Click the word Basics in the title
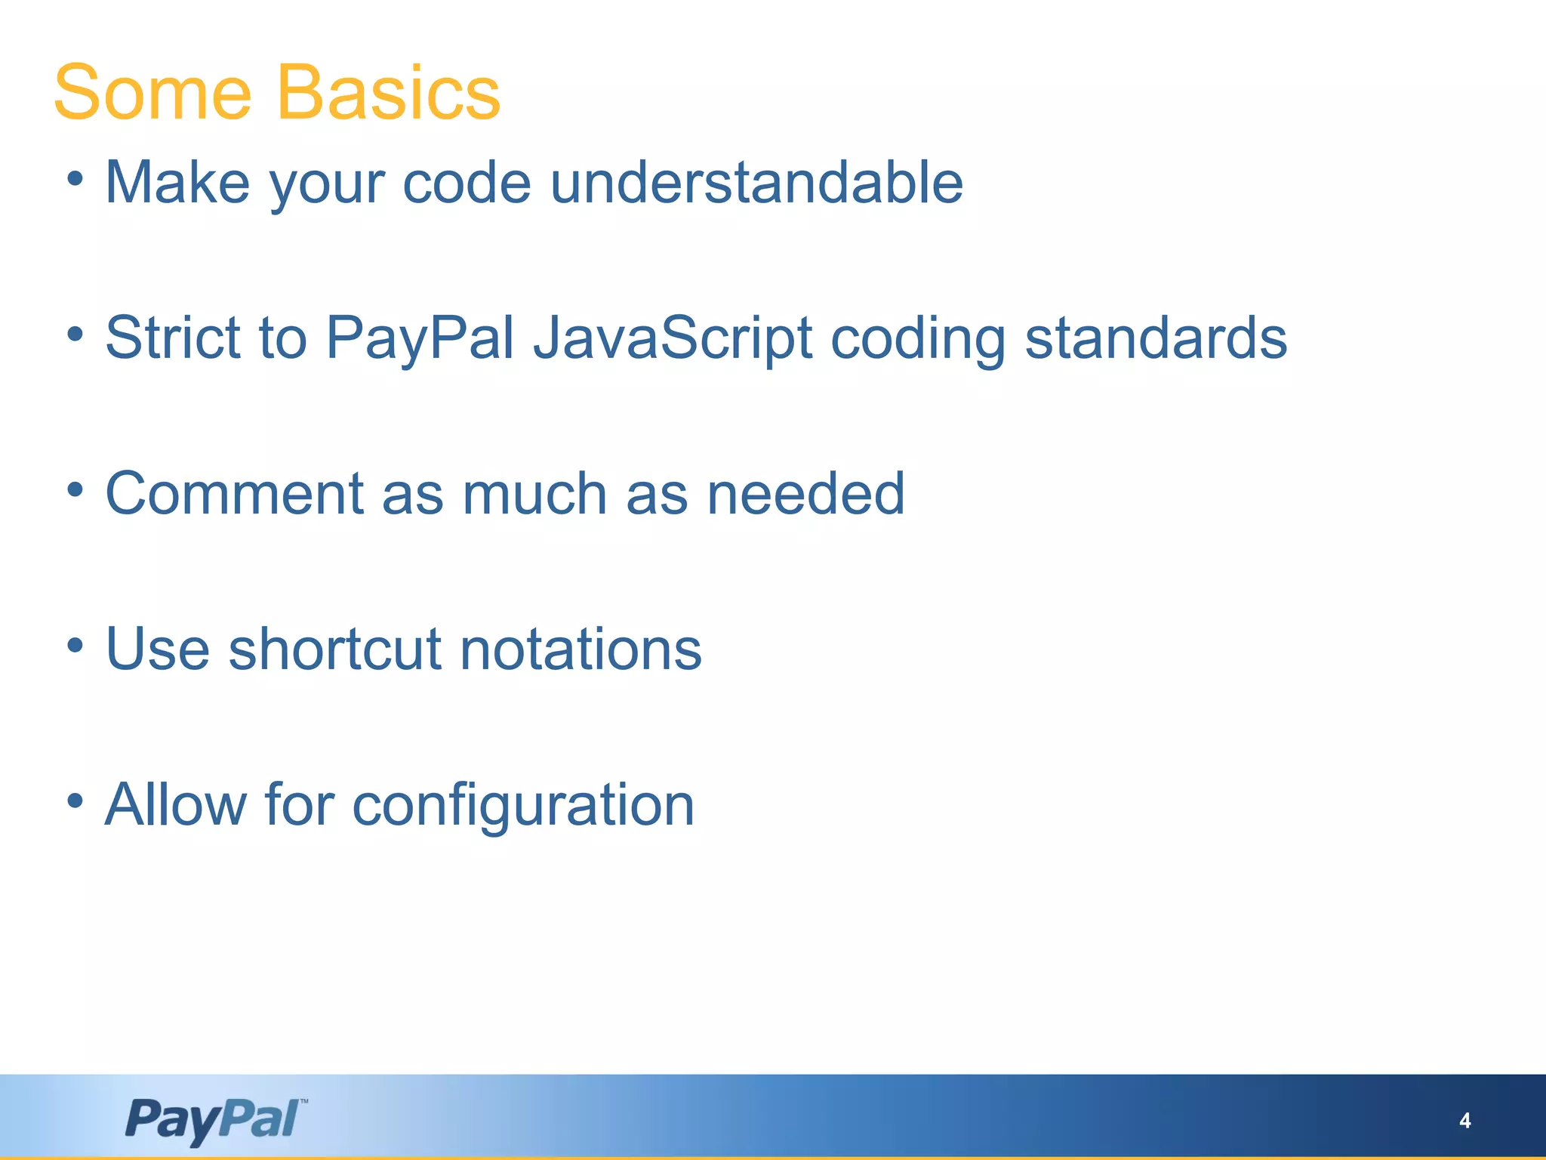click(x=389, y=93)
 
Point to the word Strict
click(x=173, y=338)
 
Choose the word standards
click(x=1156, y=338)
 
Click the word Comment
click(x=235, y=493)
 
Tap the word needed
click(x=805, y=493)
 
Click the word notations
click(x=581, y=649)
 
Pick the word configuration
click(x=523, y=805)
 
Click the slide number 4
click(x=1464, y=1121)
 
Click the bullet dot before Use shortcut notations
click(x=74, y=645)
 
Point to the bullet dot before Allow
click(x=74, y=801)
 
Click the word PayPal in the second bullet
click(x=420, y=338)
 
